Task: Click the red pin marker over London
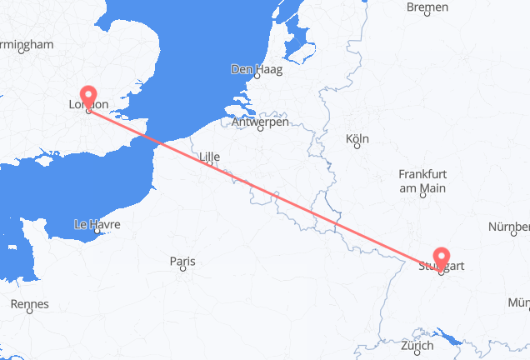[88, 94]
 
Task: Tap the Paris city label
[182, 262]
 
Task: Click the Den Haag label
[257, 70]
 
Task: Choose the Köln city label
[357, 139]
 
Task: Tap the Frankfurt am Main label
[422, 181]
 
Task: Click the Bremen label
[427, 7]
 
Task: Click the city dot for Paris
[182, 272]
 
